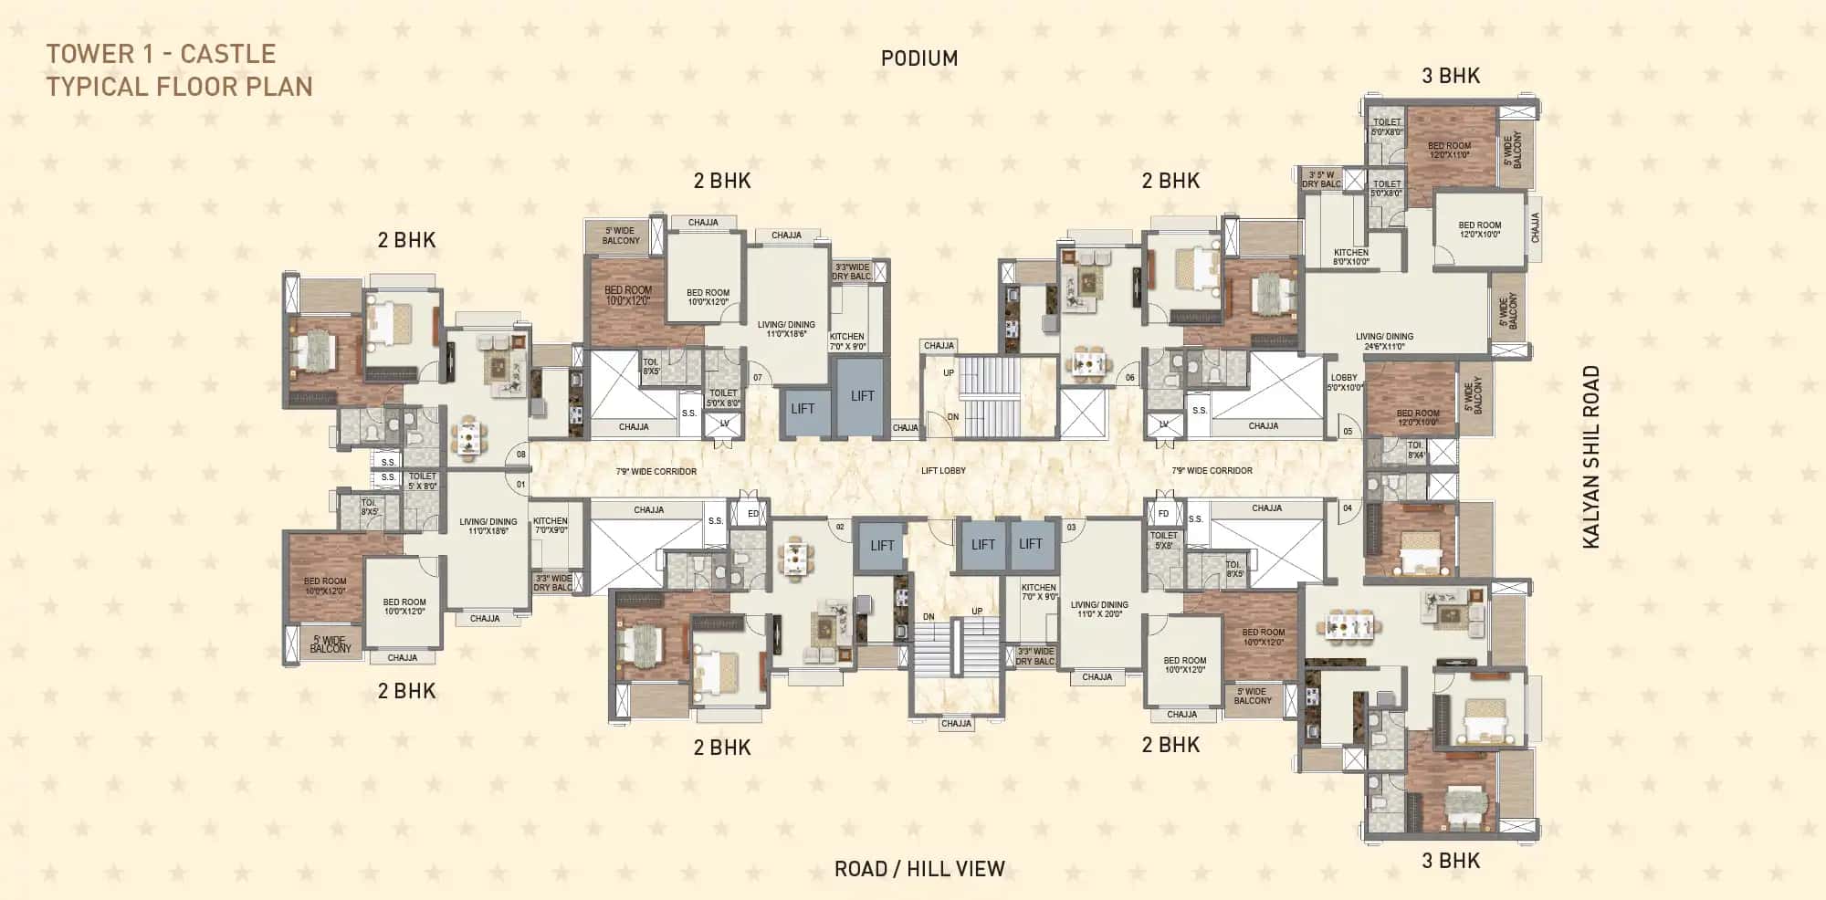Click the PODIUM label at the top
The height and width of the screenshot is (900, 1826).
point(918,58)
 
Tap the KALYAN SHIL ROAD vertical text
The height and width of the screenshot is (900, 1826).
point(1591,456)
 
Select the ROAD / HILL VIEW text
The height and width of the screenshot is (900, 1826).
point(918,869)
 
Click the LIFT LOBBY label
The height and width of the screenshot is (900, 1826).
point(943,471)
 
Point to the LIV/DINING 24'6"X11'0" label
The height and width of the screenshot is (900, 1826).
point(1384,341)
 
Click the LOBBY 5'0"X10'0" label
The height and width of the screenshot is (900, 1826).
point(1344,382)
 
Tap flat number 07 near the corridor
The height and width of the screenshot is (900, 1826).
point(757,378)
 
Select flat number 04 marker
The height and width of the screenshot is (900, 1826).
point(1348,508)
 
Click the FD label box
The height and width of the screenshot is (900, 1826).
point(1163,514)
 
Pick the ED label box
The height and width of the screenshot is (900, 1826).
point(753,514)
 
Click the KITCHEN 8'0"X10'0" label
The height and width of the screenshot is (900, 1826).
point(1350,257)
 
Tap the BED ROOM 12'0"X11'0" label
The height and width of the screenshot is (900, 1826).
point(1449,150)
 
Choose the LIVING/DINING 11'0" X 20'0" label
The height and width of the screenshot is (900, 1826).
point(1099,609)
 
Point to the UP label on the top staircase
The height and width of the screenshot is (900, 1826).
point(949,372)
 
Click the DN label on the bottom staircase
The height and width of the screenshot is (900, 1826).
point(929,617)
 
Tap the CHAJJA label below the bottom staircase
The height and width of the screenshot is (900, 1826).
point(956,724)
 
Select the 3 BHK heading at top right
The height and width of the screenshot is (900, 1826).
point(1451,76)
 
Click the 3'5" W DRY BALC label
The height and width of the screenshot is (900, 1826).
point(1321,179)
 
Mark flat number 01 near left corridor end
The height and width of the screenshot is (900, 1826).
point(521,485)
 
